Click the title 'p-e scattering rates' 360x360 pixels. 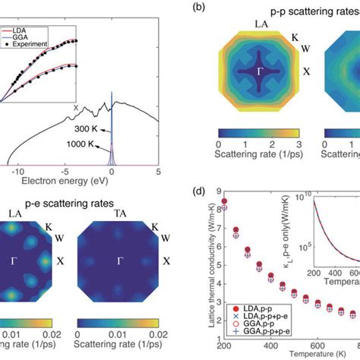point(67,203)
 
